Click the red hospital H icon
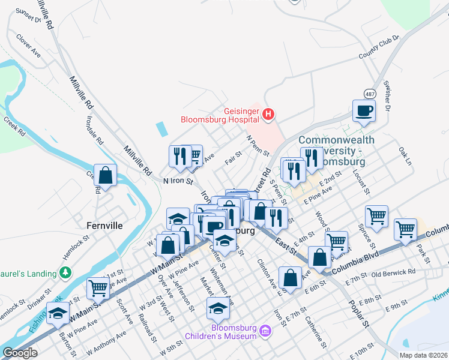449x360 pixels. pos(268,113)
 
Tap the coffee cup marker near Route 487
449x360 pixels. pos(364,110)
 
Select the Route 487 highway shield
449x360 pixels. pos(369,94)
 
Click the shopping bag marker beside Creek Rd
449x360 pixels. pos(105,176)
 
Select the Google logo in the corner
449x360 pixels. pos(20,353)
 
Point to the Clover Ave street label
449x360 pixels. pos(28,45)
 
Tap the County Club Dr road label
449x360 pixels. pos(379,48)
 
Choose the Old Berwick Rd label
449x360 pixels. pos(393,273)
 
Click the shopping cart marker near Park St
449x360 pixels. pos(405,229)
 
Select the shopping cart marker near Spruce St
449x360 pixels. pos(376,216)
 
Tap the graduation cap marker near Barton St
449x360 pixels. pos(58,314)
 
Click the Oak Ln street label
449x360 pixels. pos(406,157)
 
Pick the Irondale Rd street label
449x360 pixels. pos(93,134)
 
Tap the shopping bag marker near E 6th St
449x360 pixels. pos(291,278)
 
